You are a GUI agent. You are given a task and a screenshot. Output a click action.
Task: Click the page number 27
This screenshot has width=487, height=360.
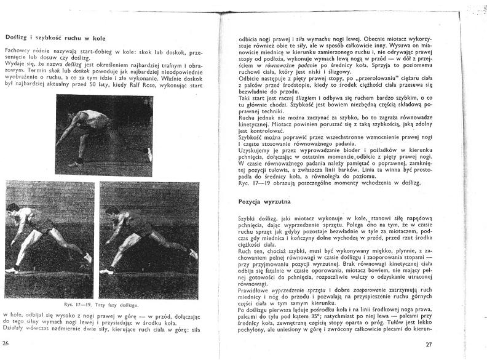click(x=429, y=344)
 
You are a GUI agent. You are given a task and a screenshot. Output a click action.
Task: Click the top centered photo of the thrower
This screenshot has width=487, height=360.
click(x=104, y=135)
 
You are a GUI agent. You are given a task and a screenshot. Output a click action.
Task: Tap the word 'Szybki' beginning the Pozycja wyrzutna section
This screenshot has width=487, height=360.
click(x=247, y=218)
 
